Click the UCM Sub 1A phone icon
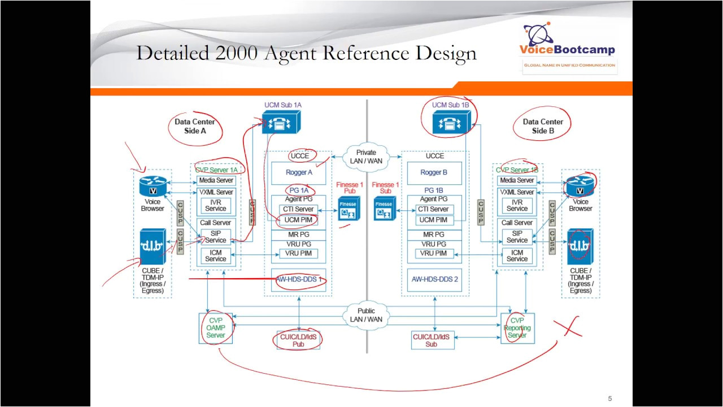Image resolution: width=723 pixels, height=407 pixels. click(x=281, y=122)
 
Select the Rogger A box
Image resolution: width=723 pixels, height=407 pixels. click(x=299, y=173)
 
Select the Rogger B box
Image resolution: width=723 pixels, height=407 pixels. click(x=434, y=173)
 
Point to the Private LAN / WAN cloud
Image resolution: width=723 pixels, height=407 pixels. click(x=366, y=157)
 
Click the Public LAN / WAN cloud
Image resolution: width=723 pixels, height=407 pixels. click(x=366, y=315)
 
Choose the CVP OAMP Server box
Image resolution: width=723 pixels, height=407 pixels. click(x=215, y=328)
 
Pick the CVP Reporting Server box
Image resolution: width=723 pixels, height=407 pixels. click(x=517, y=328)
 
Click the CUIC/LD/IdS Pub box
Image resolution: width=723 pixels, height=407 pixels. click(x=298, y=340)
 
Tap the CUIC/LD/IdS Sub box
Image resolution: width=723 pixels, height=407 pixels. click(x=432, y=340)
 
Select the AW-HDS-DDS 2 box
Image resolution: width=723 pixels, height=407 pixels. click(x=434, y=279)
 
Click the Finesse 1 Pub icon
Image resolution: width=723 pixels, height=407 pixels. click(x=349, y=209)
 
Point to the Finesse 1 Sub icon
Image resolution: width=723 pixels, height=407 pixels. click(x=384, y=209)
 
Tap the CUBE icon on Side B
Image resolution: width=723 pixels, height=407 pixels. click(x=580, y=247)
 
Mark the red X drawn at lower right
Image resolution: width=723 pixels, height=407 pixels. click(x=568, y=327)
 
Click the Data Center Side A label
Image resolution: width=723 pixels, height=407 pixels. click(x=195, y=126)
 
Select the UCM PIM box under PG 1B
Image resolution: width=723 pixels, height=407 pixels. click(x=434, y=220)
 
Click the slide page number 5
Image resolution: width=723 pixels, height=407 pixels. click(x=609, y=399)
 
